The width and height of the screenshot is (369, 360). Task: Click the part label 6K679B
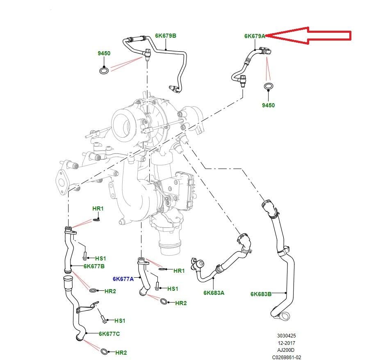(x=166, y=36)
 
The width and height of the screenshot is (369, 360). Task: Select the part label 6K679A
(x=255, y=36)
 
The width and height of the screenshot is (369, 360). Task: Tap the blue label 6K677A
(x=123, y=279)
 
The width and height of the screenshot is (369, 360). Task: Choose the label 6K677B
(x=94, y=266)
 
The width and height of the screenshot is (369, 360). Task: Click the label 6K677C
(x=109, y=334)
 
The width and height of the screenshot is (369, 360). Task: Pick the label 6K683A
(x=214, y=293)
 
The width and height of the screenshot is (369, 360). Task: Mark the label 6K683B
(x=261, y=294)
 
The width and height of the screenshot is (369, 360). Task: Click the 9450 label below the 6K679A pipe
(x=268, y=105)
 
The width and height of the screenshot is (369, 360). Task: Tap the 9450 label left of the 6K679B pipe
(x=104, y=53)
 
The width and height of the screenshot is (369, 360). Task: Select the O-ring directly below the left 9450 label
(x=104, y=71)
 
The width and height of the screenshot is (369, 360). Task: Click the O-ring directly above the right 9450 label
(x=268, y=86)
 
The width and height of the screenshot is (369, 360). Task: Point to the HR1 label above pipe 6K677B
(x=98, y=208)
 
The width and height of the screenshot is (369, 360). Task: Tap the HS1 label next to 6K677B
(x=100, y=258)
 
